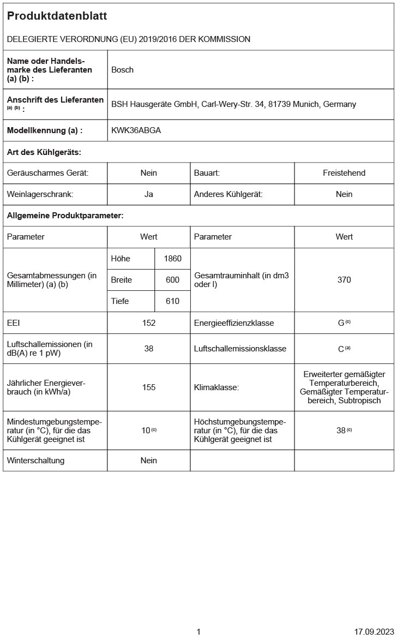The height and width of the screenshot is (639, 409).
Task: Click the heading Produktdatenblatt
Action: (x=57, y=16)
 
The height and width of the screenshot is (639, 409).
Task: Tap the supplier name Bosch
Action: (x=122, y=70)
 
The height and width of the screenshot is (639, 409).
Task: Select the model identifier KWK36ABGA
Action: (x=136, y=130)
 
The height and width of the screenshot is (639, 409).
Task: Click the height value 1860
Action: (x=172, y=259)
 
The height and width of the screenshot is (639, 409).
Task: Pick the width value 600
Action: (x=172, y=280)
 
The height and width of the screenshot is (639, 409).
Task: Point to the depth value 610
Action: (x=172, y=301)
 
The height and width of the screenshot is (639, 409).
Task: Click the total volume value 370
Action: (x=344, y=280)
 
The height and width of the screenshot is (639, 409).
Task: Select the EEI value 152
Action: (x=149, y=323)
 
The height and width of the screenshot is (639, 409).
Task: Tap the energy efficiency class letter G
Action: (x=341, y=323)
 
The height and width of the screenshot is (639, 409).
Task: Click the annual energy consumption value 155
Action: (x=149, y=387)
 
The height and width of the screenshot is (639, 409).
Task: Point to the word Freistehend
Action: (x=344, y=173)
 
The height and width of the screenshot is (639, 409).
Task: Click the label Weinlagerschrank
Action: (x=40, y=194)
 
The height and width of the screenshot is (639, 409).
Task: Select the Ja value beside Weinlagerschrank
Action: (x=149, y=194)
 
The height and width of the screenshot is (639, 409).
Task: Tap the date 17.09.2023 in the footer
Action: (x=374, y=632)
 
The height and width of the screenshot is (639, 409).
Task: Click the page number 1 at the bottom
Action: (x=199, y=632)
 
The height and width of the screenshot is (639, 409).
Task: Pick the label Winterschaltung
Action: (x=36, y=461)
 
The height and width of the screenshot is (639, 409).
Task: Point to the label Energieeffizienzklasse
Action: (x=234, y=323)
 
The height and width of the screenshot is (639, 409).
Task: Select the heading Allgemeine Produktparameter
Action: (x=65, y=216)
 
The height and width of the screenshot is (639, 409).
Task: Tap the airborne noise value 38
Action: (x=149, y=349)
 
